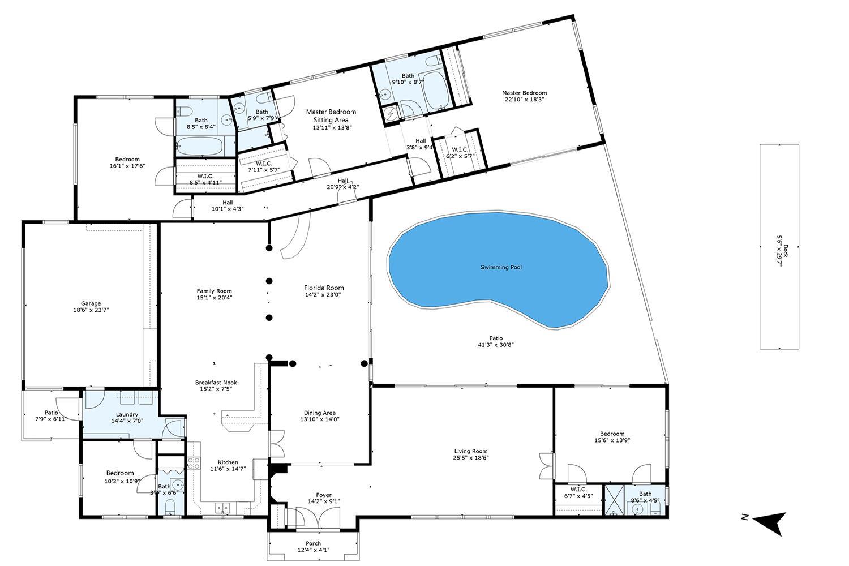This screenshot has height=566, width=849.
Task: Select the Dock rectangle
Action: pyautogui.click(x=779, y=247)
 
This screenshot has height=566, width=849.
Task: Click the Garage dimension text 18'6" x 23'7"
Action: pyautogui.click(x=91, y=310)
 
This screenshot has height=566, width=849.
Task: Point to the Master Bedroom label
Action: pyautogui.click(x=524, y=93)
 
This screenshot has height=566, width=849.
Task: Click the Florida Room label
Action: pyautogui.click(x=324, y=288)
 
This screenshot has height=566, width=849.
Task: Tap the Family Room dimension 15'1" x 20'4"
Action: pyautogui.click(x=215, y=298)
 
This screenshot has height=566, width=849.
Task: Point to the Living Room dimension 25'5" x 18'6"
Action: pyautogui.click(x=471, y=458)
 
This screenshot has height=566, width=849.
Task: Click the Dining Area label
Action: pyautogui.click(x=320, y=413)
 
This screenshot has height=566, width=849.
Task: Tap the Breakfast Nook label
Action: pyautogui.click(x=216, y=383)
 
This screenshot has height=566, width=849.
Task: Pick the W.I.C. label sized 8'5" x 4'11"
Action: pyautogui.click(x=205, y=175)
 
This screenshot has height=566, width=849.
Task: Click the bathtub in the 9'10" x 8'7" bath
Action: pyautogui.click(x=434, y=91)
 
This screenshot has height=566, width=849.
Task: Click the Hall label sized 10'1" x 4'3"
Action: pyautogui.click(x=228, y=202)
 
